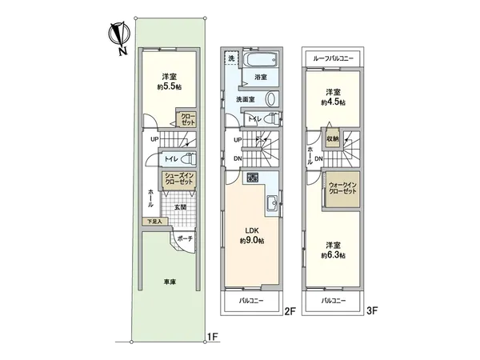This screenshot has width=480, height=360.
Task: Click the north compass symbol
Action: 118,37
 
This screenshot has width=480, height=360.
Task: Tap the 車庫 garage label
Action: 170,281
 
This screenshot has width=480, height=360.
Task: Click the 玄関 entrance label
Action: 182,208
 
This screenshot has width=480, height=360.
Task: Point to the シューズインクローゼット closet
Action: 179,180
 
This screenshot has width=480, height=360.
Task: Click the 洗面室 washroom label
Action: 246,98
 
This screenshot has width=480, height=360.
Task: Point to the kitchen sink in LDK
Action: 271,201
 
